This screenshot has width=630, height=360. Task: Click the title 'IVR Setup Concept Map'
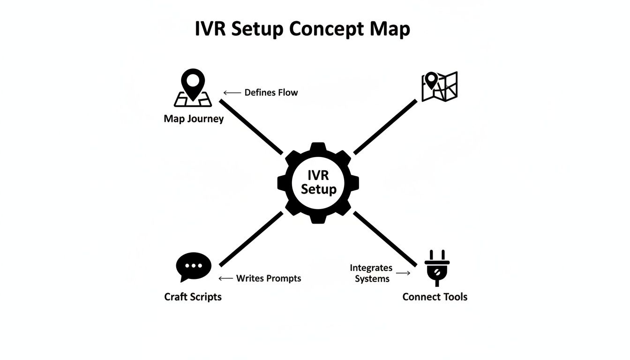pos(302,29)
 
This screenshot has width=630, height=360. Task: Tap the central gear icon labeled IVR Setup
pos(318,182)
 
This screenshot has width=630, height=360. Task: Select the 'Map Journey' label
pos(194,119)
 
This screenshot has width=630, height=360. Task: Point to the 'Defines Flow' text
pos(271,92)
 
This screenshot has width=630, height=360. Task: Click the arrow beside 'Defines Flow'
pos(232,93)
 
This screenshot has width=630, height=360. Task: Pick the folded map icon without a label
pos(439,86)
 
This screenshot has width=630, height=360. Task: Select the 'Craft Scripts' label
pos(193,297)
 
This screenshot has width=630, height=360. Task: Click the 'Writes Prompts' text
pos(269,278)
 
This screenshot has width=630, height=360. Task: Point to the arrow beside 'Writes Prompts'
pos(226,278)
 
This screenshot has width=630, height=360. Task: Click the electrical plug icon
pos(437,267)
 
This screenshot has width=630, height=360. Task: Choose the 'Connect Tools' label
pos(435,297)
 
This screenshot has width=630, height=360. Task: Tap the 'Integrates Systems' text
pos(371,273)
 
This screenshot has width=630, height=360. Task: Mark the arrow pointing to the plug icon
pos(403,273)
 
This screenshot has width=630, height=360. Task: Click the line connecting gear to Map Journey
pos(252,127)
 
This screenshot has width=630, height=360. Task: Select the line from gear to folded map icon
pos(385,127)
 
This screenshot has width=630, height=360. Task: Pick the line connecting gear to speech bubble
pos(251,239)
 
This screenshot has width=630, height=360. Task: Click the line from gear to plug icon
pos(385,239)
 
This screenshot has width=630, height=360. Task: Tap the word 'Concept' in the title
pos(326,29)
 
